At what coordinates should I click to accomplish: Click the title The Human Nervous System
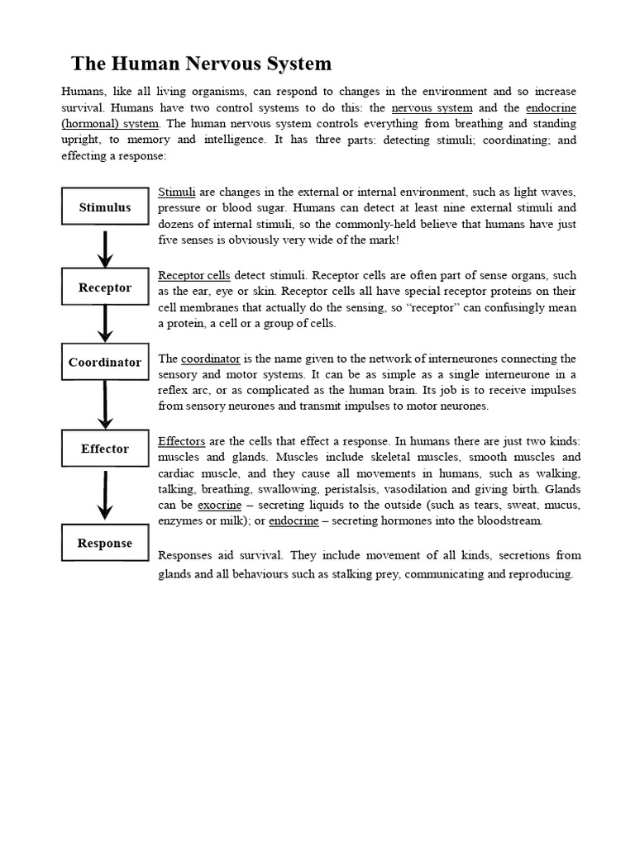click(x=201, y=64)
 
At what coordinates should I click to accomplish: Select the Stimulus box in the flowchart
click(x=105, y=207)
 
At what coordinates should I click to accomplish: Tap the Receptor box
click(x=105, y=288)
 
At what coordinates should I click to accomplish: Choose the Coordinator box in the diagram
click(x=105, y=362)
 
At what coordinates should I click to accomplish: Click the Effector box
click(x=105, y=449)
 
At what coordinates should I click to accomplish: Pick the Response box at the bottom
click(x=105, y=543)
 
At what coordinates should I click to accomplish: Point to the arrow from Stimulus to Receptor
click(x=105, y=247)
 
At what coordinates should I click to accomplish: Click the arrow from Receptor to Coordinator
click(x=105, y=324)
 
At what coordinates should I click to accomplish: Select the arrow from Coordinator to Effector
click(x=105, y=405)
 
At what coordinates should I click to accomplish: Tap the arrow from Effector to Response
click(x=105, y=495)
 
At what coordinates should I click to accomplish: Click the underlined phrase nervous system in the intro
click(x=432, y=107)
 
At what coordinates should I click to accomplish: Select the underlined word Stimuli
click(x=176, y=192)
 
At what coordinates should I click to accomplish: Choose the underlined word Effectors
click(x=181, y=440)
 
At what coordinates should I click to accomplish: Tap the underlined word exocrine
click(x=219, y=505)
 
